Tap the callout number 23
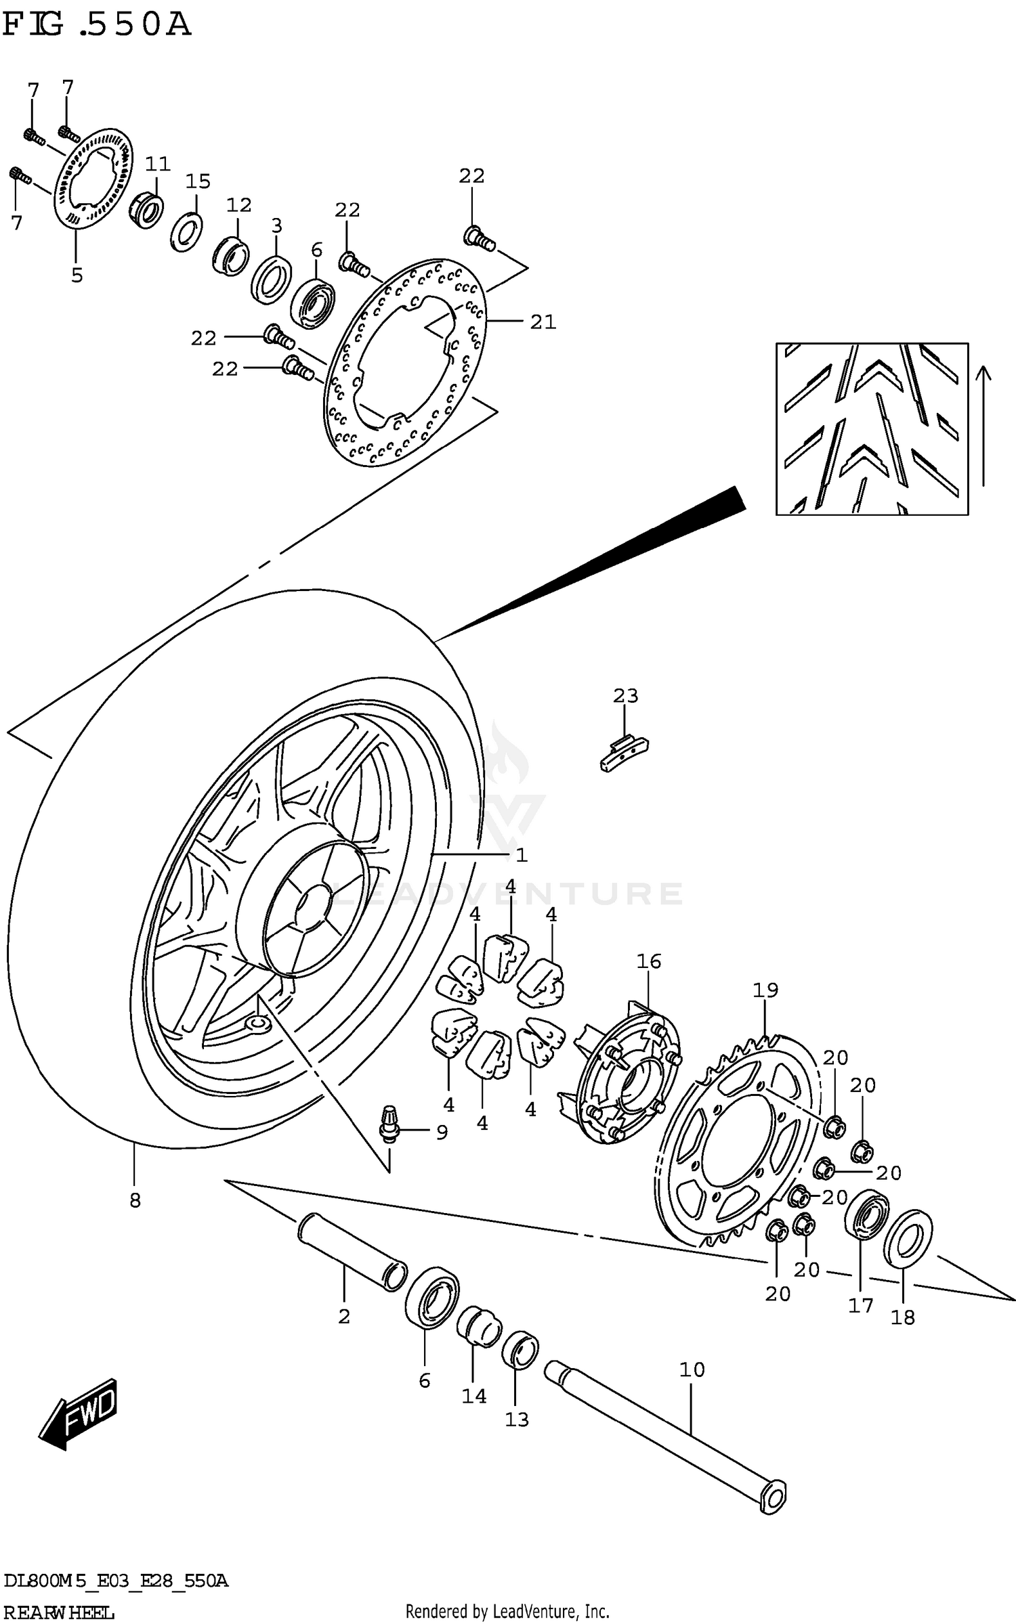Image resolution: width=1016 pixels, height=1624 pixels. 625,695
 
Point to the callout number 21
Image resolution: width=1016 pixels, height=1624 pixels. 543,322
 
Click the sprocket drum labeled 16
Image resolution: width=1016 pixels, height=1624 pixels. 627,1076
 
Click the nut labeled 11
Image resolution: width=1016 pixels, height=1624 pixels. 145,209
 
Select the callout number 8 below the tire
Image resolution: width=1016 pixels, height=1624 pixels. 135,1201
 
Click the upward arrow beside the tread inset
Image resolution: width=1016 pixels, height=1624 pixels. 983,426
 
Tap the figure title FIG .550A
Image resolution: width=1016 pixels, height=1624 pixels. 96,25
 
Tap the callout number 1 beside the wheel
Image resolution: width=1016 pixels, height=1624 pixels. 521,856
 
